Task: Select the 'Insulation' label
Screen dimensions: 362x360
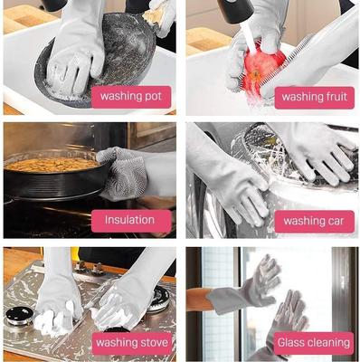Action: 129,220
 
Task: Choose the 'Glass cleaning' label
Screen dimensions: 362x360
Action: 315,342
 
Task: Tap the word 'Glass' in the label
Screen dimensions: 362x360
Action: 295,342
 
